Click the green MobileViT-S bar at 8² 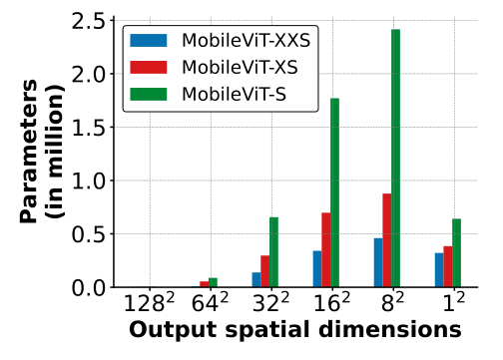(x=396, y=159)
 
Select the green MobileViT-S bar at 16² (x=334, y=193)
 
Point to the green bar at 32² (x=273, y=252)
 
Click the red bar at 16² (x=326, y=250)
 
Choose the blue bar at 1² (x=439, y=270)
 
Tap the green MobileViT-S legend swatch (x=150, y=95)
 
